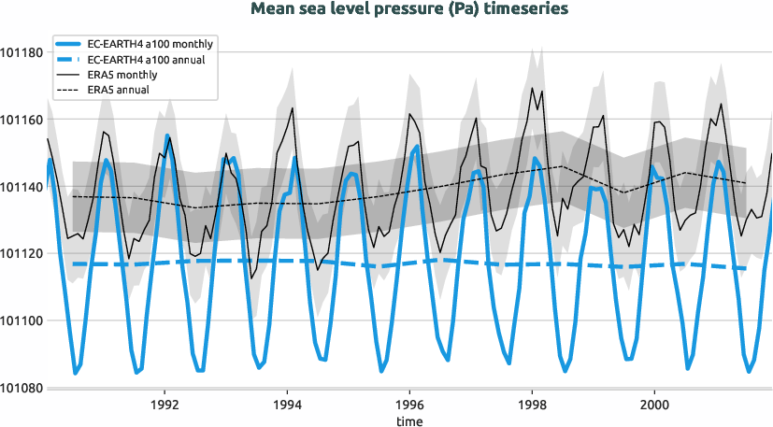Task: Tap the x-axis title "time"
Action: [x=408, y=421]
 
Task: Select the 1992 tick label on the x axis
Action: [x=165, y=406]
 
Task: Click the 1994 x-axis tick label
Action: [x=287, y=406]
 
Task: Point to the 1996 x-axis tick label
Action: [x=409, y=406]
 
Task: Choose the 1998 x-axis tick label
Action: [x=532, y=406]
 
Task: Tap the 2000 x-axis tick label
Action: [x=653, y=406]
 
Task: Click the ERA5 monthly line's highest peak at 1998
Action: [x=532, y=88]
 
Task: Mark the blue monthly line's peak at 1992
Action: [x=166, y=135]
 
